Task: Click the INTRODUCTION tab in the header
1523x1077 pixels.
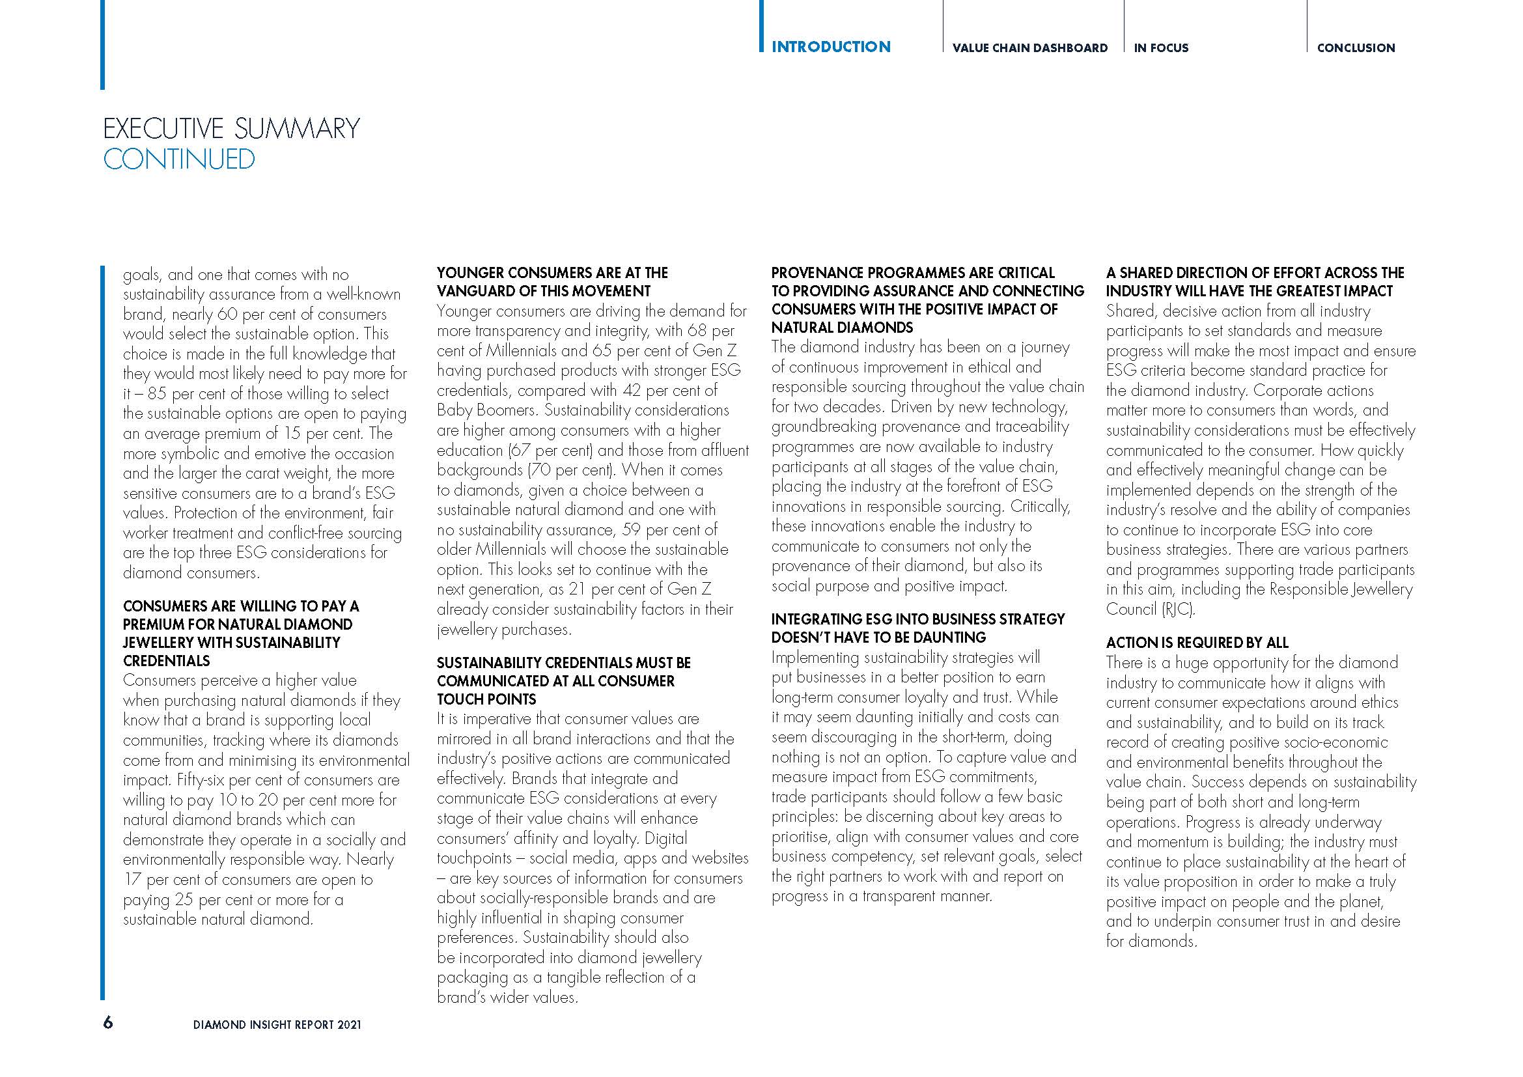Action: pyautogui.click(x=830, y=47)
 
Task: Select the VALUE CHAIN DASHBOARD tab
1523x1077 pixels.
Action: pyautogui.click(x=1029, y=48)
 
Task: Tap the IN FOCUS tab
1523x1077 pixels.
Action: pyautogui.click(x=1161, y=48)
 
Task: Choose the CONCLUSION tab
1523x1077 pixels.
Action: pyautogui.click(x=1356, y=48)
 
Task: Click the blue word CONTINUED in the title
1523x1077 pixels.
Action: pyautogui.click(x=179, y=159)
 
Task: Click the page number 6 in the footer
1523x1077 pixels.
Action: pyautogui.click(x=108, y=1022)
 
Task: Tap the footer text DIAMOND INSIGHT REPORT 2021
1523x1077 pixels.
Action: pyautogui.click(x=277, y=1025)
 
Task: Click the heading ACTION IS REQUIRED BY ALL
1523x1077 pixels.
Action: pyautogui.click(x=1197, y=643)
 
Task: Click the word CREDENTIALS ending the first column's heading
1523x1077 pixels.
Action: pyautogui.click(x=167, y=660)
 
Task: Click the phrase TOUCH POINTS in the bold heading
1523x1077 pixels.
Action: pyautogui.click(x=486, y=699)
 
